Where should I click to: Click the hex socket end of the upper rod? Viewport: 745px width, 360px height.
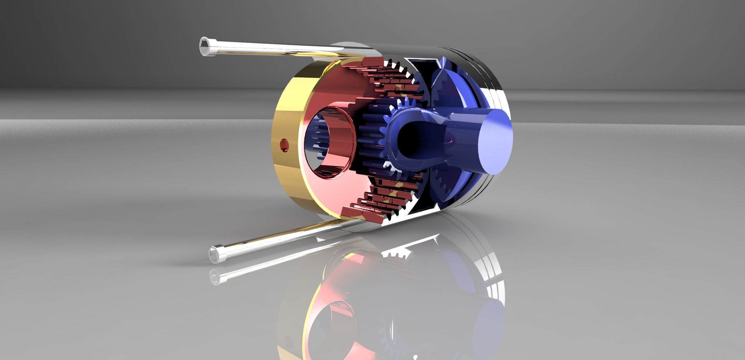[x=205, y=47]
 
